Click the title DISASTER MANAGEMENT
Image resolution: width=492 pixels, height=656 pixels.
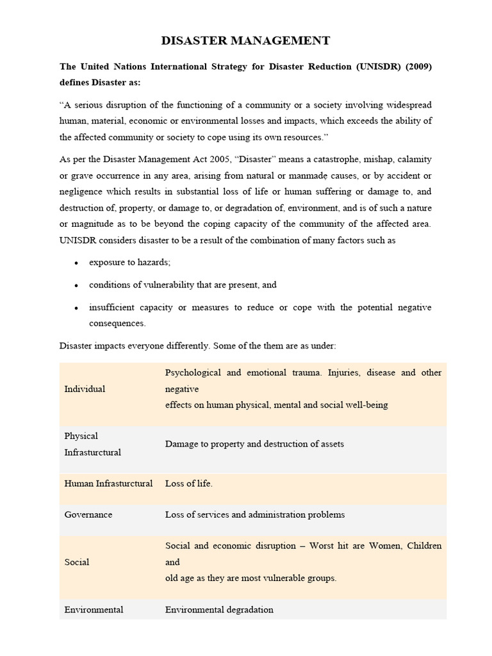[x=245, y=41]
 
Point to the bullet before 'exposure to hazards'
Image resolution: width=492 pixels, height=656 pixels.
[x=76, y=263]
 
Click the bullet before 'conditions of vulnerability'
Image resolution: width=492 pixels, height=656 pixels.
[x=76, y=285]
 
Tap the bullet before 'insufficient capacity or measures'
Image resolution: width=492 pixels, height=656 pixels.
[x=76, y=308]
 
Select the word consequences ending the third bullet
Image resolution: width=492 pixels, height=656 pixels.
[x=117, y=323]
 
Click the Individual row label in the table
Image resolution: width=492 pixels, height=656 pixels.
[x=85, y=389]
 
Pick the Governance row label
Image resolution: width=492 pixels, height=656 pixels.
[x=88, y=514]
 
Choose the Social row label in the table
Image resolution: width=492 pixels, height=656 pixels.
[x=77, y=562]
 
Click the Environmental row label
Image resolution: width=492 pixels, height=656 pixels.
[x=94, y=610]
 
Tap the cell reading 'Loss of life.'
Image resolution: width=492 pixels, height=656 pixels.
[x=188, y=484]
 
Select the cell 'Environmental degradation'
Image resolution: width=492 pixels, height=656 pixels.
[x=219, y=610]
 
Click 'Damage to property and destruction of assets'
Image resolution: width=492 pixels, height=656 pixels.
[x=254, y=443]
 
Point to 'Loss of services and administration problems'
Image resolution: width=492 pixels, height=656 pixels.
[x=255, y=514]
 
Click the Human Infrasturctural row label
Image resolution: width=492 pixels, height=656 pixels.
[x=108, y=484]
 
